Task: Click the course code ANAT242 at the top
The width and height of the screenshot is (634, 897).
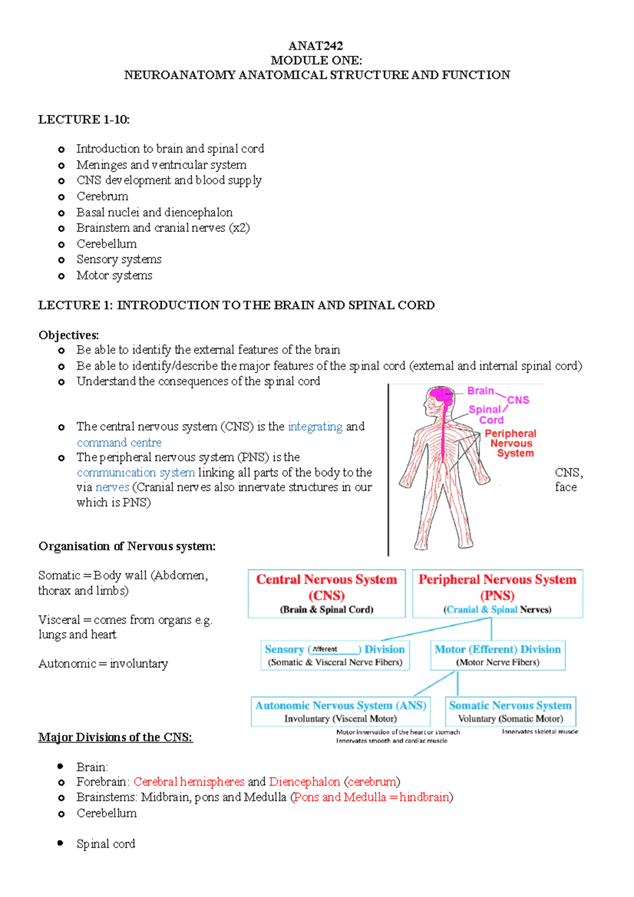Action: pos(316,46)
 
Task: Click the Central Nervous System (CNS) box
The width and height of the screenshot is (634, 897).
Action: pos(327,593)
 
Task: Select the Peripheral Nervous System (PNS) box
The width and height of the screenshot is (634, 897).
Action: pos(497,593)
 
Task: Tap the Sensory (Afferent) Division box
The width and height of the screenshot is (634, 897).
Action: pos(335,655)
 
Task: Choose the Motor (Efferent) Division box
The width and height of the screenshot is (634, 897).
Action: pos(498,655)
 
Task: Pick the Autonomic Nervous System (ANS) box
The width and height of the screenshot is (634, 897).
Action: pos(341,711)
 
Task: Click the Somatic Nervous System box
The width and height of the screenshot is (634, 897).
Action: pos(510,711)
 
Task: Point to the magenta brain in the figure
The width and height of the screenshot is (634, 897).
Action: pos(440,394)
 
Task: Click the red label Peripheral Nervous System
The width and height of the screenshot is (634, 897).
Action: pos(510,443)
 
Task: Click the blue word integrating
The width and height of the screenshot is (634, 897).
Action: pos(315,426)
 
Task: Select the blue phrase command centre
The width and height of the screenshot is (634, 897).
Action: pos(119,442)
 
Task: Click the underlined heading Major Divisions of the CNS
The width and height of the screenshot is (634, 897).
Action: pos(115,737)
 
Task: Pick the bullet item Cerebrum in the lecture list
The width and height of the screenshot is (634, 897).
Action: pos(102,197)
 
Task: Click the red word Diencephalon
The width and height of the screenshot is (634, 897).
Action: pos(304,781)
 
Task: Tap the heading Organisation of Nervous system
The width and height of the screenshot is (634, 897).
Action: pos(127,546)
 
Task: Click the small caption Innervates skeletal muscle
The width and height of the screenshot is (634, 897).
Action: pos(539,732)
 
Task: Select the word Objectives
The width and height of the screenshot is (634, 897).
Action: pos(68,335)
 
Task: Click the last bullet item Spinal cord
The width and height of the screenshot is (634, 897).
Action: pos(106,844)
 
